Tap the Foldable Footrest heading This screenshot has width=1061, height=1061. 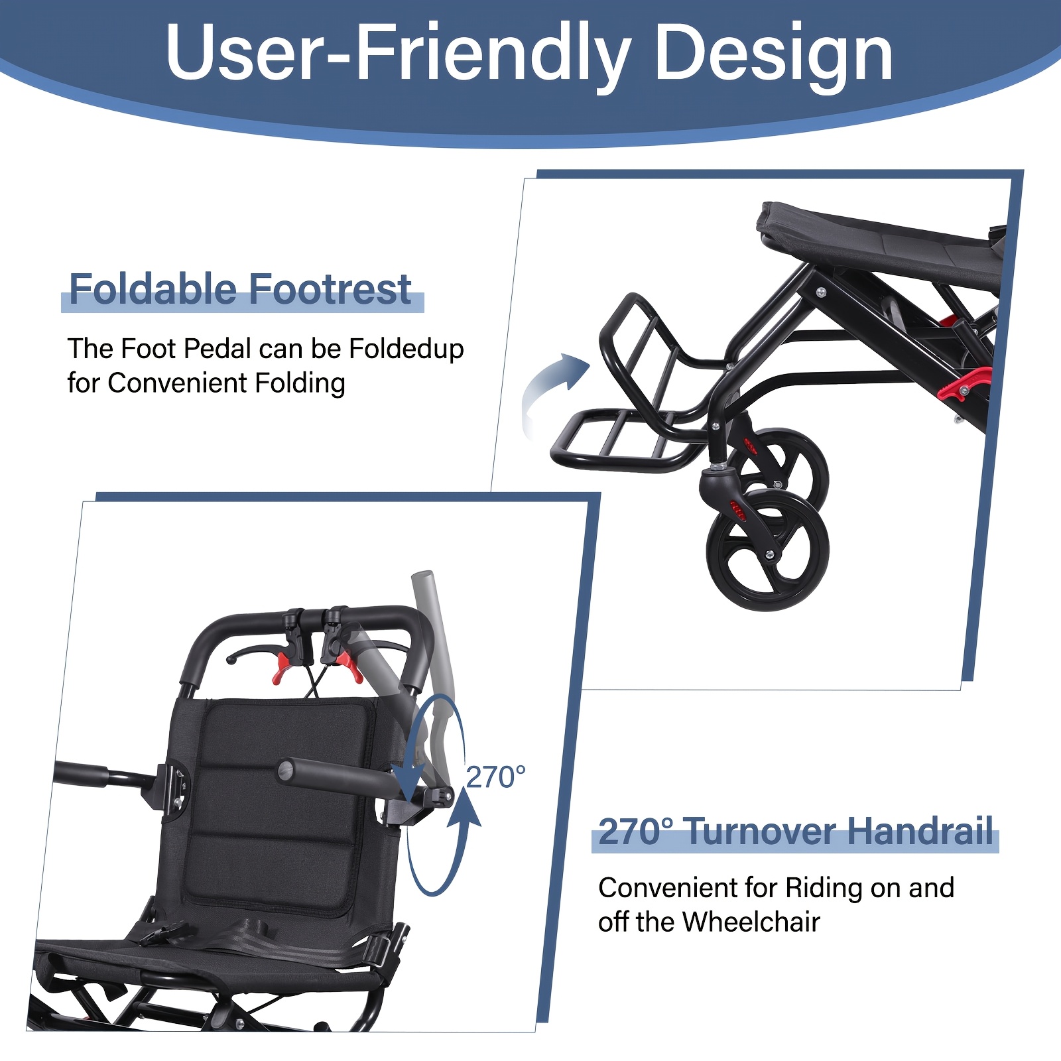(241, 289)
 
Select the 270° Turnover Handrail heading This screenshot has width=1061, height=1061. (796, 832)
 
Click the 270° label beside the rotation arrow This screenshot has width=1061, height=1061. (496, 777)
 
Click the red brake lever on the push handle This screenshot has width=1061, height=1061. (347, 666)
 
